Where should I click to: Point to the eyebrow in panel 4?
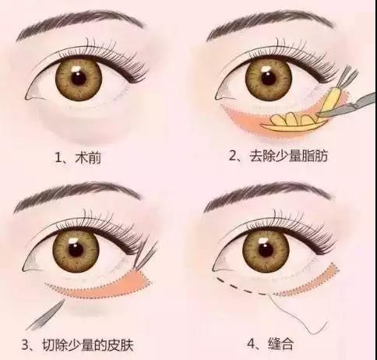coord(269,200)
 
